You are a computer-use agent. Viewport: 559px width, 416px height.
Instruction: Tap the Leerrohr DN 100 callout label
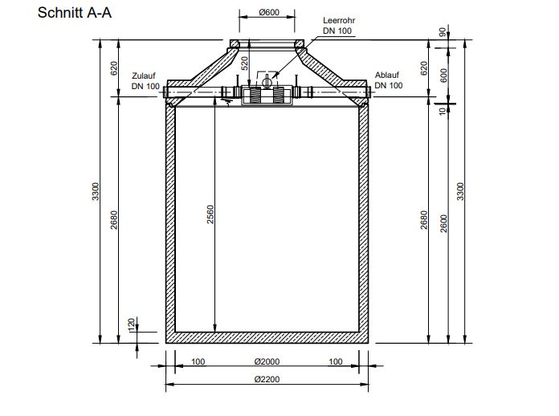[338, 25]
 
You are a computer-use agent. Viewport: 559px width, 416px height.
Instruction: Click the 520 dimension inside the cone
[243, 64]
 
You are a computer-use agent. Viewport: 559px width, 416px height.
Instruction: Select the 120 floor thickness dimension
[131, 324]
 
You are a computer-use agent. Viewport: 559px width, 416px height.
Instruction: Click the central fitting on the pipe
[266, 93]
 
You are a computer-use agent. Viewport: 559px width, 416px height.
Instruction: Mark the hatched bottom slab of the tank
[268, 337]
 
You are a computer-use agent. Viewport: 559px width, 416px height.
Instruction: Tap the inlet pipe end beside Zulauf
[166, 94]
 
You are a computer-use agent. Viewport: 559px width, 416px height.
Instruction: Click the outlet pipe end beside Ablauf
[369, 94]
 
